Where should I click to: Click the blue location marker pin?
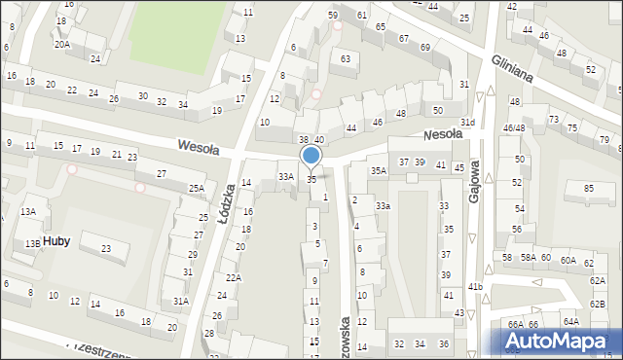[x=311, y=156]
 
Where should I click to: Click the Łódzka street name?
[x=227, y=204]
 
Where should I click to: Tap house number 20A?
[x=62, y=44]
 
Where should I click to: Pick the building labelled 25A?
[x=197, y=188]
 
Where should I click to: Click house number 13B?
[x=33, y=243]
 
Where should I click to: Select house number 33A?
[x=285, y=177]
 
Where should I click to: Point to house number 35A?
[x=378, y=170]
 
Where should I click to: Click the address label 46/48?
[x=514, y=128]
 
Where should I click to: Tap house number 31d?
[x=468, y=122]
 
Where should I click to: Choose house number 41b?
[x=475, y=286]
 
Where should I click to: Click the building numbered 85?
[x=587, y=188]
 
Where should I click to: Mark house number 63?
[x=345, y=59]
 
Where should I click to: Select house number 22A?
[x=233, y=277]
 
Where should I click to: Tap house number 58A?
[x=528, y=257]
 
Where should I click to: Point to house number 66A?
[x=515, y=324]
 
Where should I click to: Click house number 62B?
[x=597, y=305]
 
